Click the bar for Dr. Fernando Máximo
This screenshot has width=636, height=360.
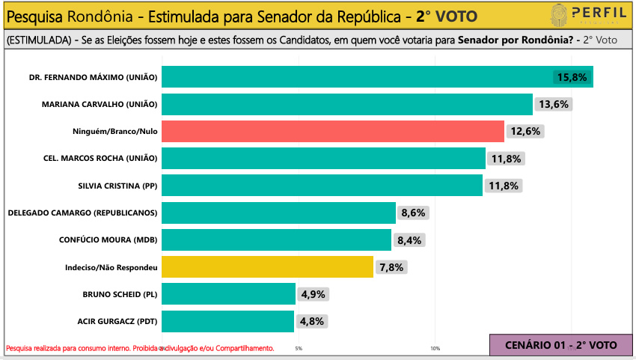pyautogui.click(x=377, y=76)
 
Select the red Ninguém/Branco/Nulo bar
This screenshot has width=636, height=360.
pyautogui.click(x=333, y=131)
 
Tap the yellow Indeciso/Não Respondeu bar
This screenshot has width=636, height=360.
pyautogui.click(x=267, y=266)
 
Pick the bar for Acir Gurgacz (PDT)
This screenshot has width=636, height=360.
pyautogui.click(x=228, y=321)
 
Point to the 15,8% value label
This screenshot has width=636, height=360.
pyautogui.click(x=572, y=77)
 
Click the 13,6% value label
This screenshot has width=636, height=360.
pyautogui.click(x=554, y=104)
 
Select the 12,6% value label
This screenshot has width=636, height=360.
pyautogui.click(x=526, y=131)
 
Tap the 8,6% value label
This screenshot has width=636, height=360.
pyautogui.click(x=413, y=213)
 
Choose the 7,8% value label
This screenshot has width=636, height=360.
pyautogui.click(x=391, y=266)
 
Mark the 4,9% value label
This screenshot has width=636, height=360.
pyautogui.click(x=313, y=294)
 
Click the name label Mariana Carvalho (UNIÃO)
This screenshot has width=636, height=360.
pyautogui.click(x=100, y=104)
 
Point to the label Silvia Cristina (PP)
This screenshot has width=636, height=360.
pyautogui.click(x=117, y=186)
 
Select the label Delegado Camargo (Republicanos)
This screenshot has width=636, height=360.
pyautogui.click(x=82, y=213)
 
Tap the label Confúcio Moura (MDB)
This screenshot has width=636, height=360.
pyautogui.click(x=108, y=240)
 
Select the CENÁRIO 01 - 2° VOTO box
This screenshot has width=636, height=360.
pyautogui.click(x=560, y=344)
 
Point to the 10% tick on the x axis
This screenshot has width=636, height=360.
pyautogui.click(x=435, y=348)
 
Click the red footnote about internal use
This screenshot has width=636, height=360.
pyautogui.click(x=140, y=348)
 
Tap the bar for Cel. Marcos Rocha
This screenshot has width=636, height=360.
pyautogui.click(x=323, y=158)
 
